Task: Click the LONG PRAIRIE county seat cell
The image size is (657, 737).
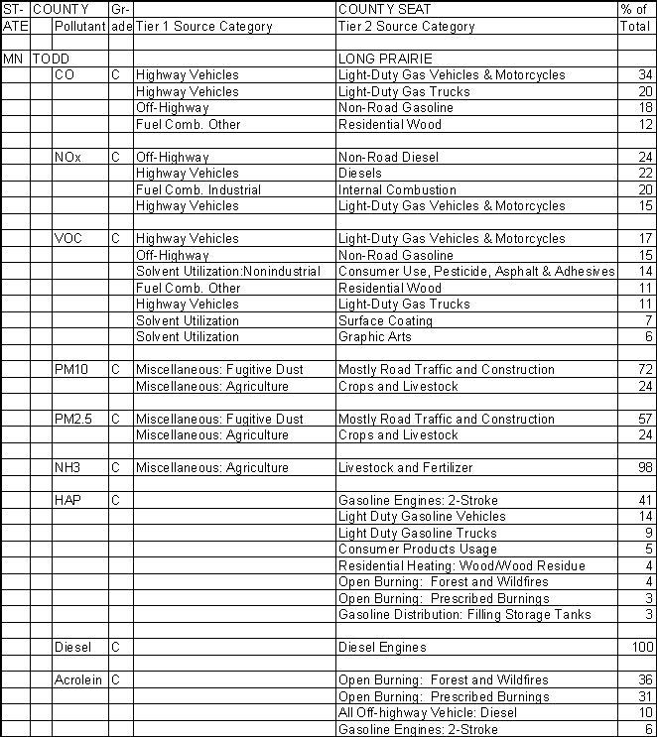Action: [x=386, y=59]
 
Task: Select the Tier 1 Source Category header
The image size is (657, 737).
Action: [x=203, y=26]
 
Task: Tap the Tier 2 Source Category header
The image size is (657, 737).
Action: [x=407, y=26]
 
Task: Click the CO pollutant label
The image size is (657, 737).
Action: [x=64, y=74]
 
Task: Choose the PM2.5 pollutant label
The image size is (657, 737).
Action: [x=73, y=419]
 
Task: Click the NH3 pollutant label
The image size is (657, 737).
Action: [x=67, y=467]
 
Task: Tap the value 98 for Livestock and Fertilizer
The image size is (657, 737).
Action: [x=646, y=467]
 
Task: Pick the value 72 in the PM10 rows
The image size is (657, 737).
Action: [x=646, y=369]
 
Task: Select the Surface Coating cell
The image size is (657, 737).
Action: [x=386, y=320]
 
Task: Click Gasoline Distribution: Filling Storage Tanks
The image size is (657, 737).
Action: [x=464, y=614]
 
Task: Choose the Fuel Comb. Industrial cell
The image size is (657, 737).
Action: [x=198, y=189]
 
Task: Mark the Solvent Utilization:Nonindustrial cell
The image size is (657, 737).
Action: [x=228, y=271]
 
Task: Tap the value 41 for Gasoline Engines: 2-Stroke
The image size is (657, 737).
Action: [x=646, y=500]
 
